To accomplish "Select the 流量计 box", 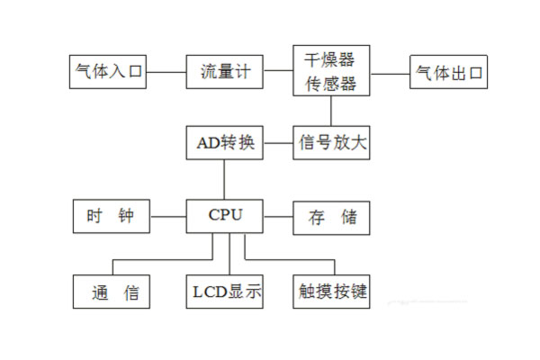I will coord(225,72).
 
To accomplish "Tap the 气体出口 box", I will coord(448,72).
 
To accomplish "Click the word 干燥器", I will coord(331,59).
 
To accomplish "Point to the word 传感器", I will coord(331,84).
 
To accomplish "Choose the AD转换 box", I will coord(225,142).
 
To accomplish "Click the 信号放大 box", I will coord(331,142).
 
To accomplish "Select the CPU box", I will coord(225,216).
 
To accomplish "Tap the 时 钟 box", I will coord(111,216).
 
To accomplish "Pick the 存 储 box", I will coord(331,216).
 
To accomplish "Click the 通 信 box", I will coord(111,292).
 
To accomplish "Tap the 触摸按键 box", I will coord(331,292).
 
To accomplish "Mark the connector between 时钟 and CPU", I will coord(168,216).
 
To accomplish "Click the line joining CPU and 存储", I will coord(279,216).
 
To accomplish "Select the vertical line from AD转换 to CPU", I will coord(225,179).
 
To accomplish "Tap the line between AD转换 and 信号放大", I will coord(279,142).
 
